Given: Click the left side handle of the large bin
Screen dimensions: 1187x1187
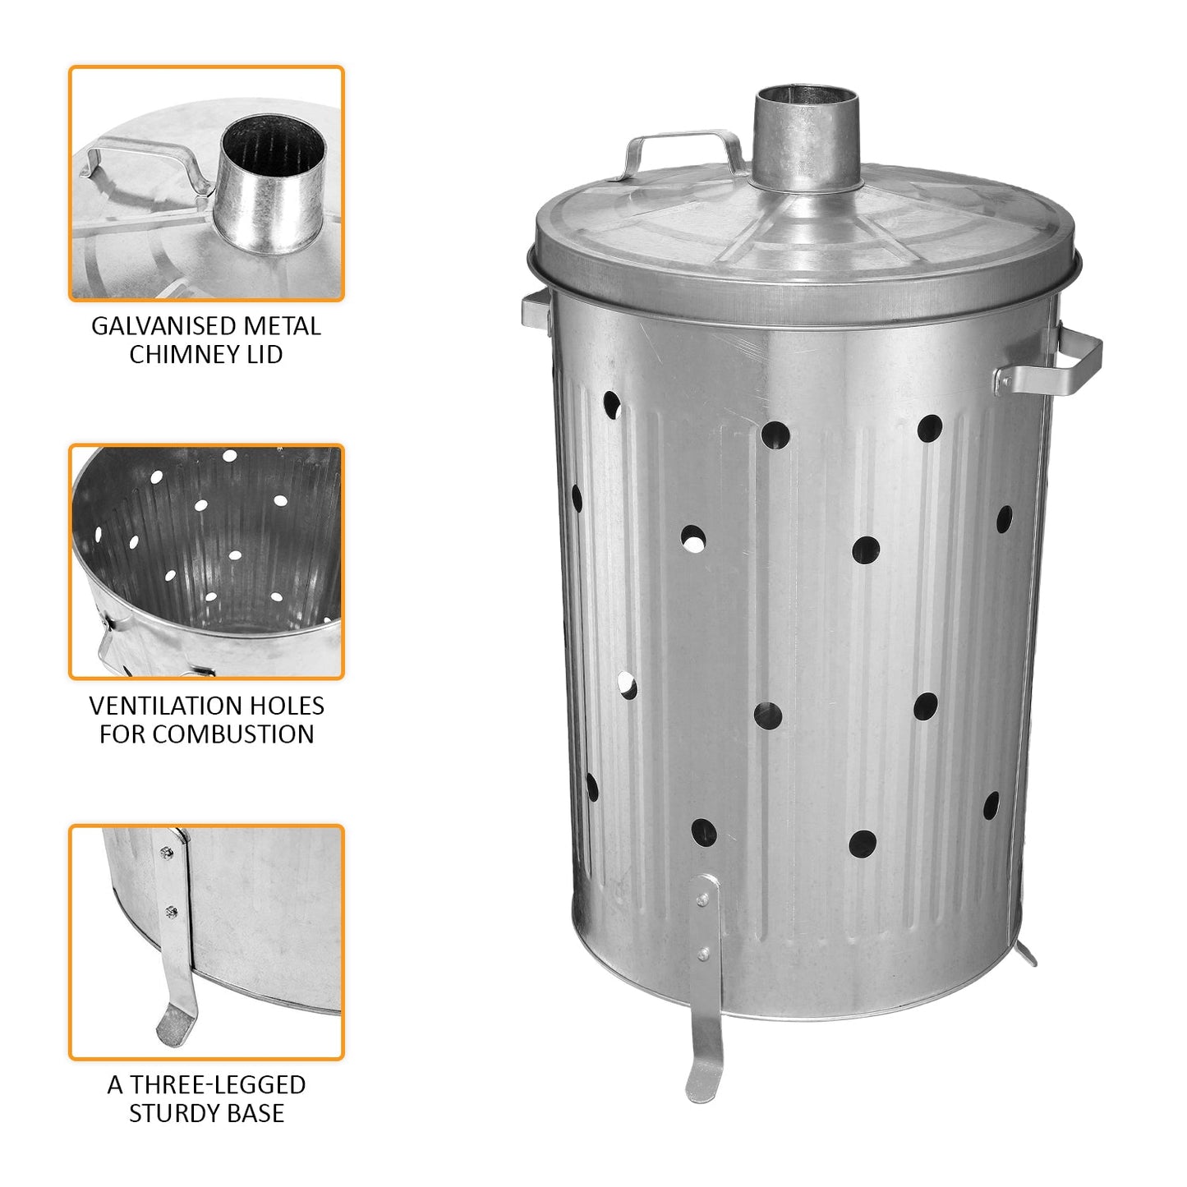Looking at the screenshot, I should coord(536,311).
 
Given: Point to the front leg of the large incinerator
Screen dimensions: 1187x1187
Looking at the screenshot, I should coord(706,986).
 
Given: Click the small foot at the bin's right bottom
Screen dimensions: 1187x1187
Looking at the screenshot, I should coord(1026,954).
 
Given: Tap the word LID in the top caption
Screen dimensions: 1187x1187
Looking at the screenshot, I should coord(265,355).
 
